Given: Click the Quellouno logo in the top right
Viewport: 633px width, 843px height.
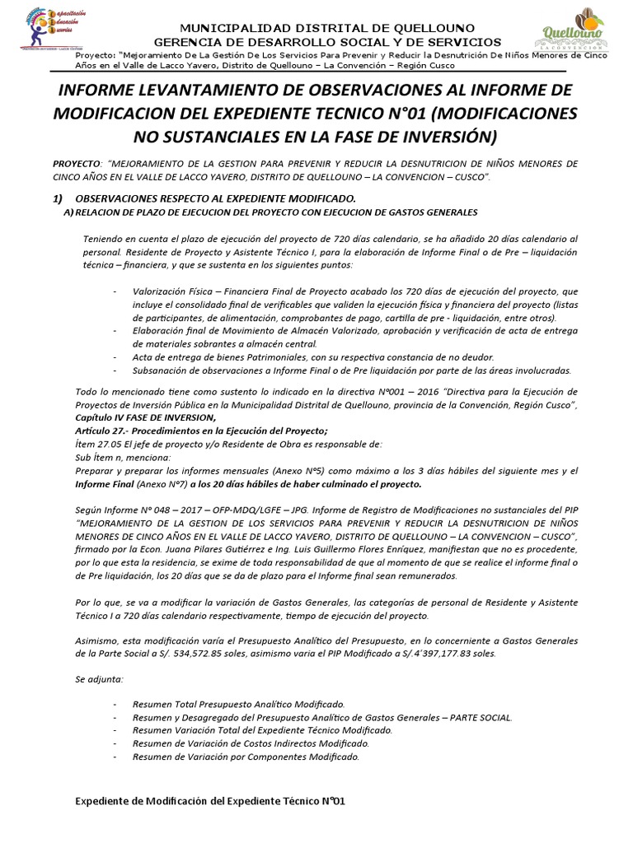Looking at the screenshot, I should (x=572, y=30).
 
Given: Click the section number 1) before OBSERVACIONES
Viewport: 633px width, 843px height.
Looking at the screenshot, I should (x=58, y=199).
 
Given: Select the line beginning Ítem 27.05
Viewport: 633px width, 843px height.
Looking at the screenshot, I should (x=228, y=444).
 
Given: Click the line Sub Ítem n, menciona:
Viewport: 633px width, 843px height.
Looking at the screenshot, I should (x=123, y=457).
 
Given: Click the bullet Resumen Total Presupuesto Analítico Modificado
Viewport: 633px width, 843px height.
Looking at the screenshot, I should (x=238, y=705).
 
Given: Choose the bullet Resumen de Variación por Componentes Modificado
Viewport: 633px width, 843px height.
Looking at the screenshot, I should (x=245, y=757).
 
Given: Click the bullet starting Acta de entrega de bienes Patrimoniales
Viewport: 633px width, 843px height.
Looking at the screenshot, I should (x=312, y=357).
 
